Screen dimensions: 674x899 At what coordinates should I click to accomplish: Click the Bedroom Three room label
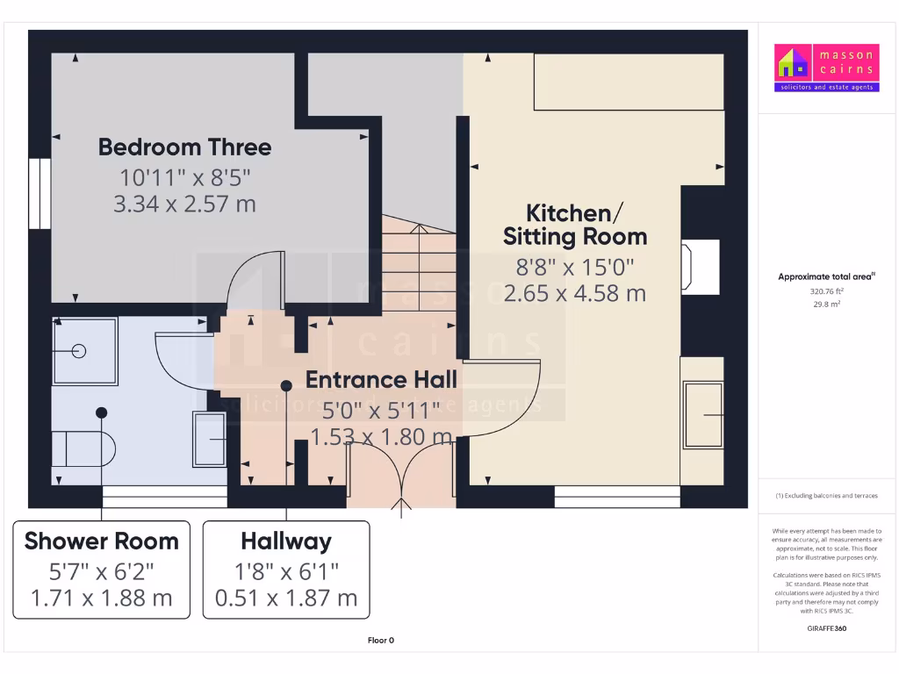tap(184, 147)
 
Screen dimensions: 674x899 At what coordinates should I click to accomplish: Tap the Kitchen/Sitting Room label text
tap(574, 225)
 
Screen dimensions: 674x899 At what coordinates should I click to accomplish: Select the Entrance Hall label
tap(381, 380)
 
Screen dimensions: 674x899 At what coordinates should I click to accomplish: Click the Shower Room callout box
tap(102, 570)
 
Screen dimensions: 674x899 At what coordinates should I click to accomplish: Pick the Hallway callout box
tap(286, 570)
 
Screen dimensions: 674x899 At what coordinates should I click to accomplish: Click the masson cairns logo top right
tap(825, 68)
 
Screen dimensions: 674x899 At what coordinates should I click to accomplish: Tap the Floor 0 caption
tap(381, 641)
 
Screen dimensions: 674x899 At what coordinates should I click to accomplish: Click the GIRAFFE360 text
tap(825, 628)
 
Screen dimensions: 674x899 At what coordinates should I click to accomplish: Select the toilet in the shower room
tap(88, 448)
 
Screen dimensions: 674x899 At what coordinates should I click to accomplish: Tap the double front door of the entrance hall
tap(402, 474)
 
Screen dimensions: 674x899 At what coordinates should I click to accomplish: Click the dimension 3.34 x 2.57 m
tap(184, 204)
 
